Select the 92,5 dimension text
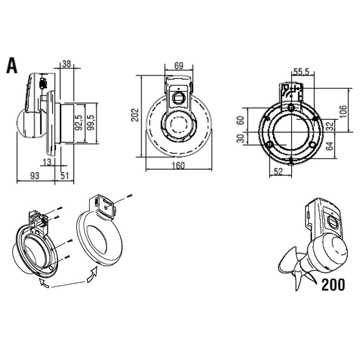(x=79, y=122)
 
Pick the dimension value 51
(x=65, y=176)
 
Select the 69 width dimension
(x=179, y=66)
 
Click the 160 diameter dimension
(x=179, y=166)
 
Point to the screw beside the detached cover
(x=130, y=196)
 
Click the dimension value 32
(x=331, y=125)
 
